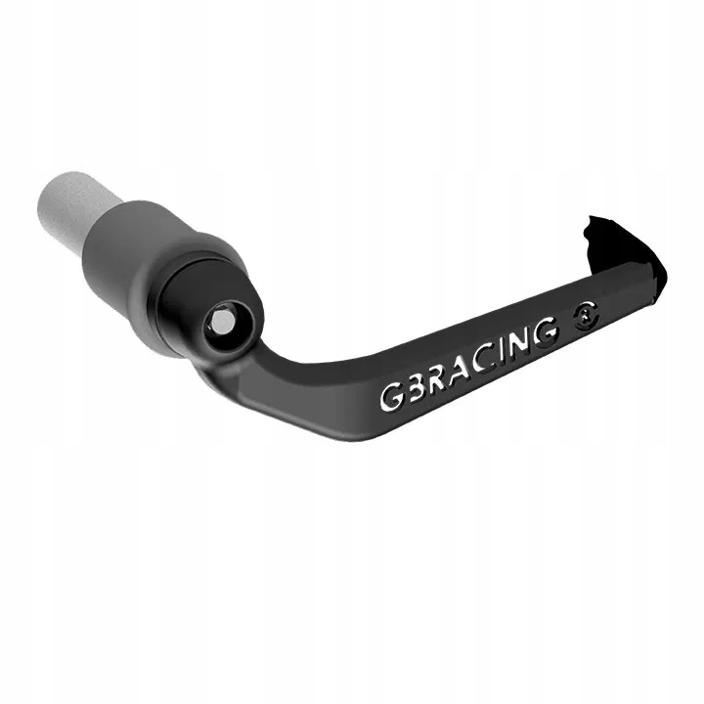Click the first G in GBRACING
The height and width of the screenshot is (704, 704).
click(x=390, y=398)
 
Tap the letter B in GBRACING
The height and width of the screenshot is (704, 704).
click(x=414, y=388)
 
